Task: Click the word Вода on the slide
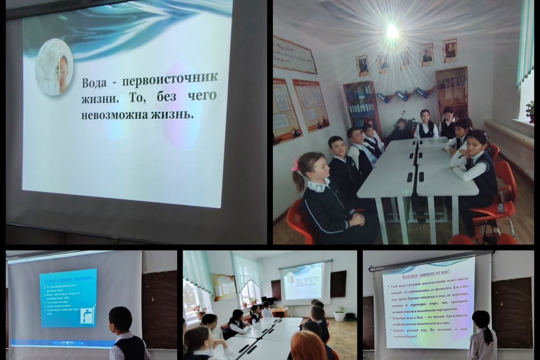tap(95, 82)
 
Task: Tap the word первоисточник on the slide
tap(171, 78)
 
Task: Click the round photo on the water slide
tap(54, 67)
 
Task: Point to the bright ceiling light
tap(392, 31)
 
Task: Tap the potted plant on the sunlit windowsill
tap(530, 112)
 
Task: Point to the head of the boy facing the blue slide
tap(120, 318)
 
